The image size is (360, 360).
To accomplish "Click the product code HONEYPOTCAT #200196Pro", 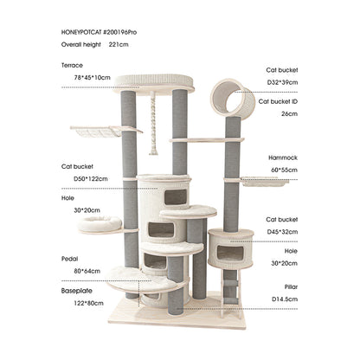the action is click(x=99, y=32).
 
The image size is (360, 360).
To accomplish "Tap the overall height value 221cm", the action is click(x=119, y=44).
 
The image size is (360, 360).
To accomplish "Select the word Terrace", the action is click(x=72, y=65).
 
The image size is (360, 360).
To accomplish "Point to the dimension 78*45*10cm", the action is click(x=92, y=78).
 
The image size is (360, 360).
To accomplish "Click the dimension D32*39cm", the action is click(x=282, y=82).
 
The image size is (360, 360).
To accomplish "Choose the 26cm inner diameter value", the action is click(x=289, y=113).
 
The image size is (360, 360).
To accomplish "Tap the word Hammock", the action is click(x=283, y=157).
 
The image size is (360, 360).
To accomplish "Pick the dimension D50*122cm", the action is click(x=91, y=179).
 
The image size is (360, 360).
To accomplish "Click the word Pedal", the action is click(x=70, y=259).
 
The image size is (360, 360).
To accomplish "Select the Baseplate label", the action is click(x=77, y=291).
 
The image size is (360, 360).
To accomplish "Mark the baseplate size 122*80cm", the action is click(x=88, y=303).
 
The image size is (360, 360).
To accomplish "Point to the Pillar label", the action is click(x=291, y=286).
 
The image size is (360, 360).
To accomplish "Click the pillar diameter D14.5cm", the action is click(x=285, y=299).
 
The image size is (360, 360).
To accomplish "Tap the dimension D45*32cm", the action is click(x=282, y=232).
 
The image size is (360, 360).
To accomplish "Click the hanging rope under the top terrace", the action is click(x=153, y=124).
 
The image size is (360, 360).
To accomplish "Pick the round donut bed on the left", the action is click(x=100, y=224).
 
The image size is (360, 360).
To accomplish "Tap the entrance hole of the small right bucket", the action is click(x=230, y=254).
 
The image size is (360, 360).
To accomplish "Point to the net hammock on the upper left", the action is click(x=97, y=132).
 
